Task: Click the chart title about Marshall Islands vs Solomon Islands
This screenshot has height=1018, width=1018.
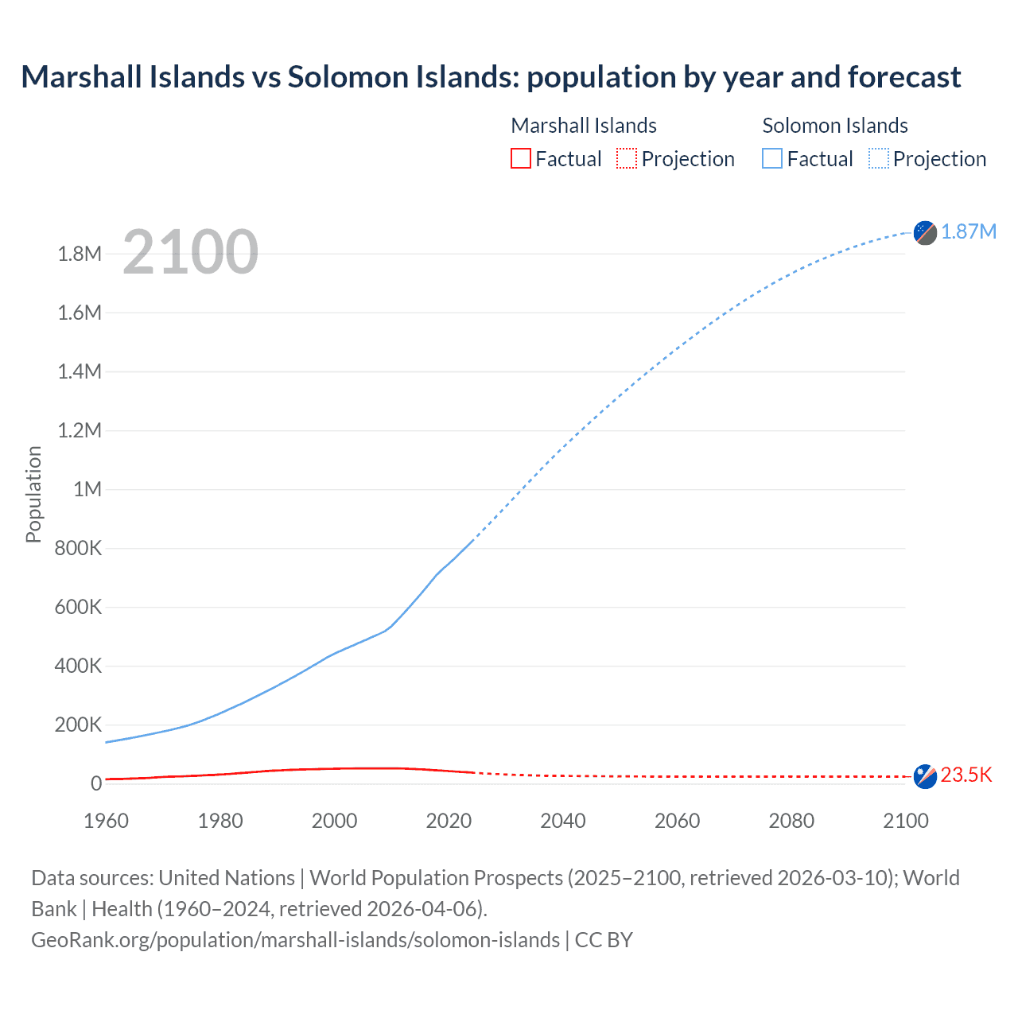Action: pos(491,77)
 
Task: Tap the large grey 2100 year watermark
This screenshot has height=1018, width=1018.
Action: pos(190,252)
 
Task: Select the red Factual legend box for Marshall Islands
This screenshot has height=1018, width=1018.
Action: pos(520,158)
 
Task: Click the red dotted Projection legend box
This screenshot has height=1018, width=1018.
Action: pos(627,158)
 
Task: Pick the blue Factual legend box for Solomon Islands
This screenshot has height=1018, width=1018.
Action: pos(771,158)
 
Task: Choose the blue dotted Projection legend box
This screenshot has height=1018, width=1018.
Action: pos(878,158)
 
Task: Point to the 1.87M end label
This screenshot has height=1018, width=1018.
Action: pos(968,231)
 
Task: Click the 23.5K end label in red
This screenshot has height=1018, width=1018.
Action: pos(966,775)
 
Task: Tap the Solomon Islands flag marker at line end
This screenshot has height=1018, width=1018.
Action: pos(925,232)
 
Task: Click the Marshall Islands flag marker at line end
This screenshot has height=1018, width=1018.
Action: pos(925,776)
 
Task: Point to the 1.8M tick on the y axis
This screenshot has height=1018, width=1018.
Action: pos(80,254)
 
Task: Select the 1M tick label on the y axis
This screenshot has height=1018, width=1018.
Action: pos(87,489)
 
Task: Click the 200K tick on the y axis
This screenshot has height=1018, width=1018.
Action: pos(78,725)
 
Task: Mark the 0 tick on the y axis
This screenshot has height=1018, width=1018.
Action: pos(96,783)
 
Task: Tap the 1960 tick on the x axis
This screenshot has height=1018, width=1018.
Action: pos(106,821)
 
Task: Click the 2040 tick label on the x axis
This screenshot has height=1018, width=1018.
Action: pos(563,821)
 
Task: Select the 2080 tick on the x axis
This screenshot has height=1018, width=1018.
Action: pos(791,821)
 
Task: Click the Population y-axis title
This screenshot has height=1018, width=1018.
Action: pos(33,494)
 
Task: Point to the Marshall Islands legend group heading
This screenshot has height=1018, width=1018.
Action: pos(584,126)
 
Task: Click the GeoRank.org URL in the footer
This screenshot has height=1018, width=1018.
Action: pos(295,940)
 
